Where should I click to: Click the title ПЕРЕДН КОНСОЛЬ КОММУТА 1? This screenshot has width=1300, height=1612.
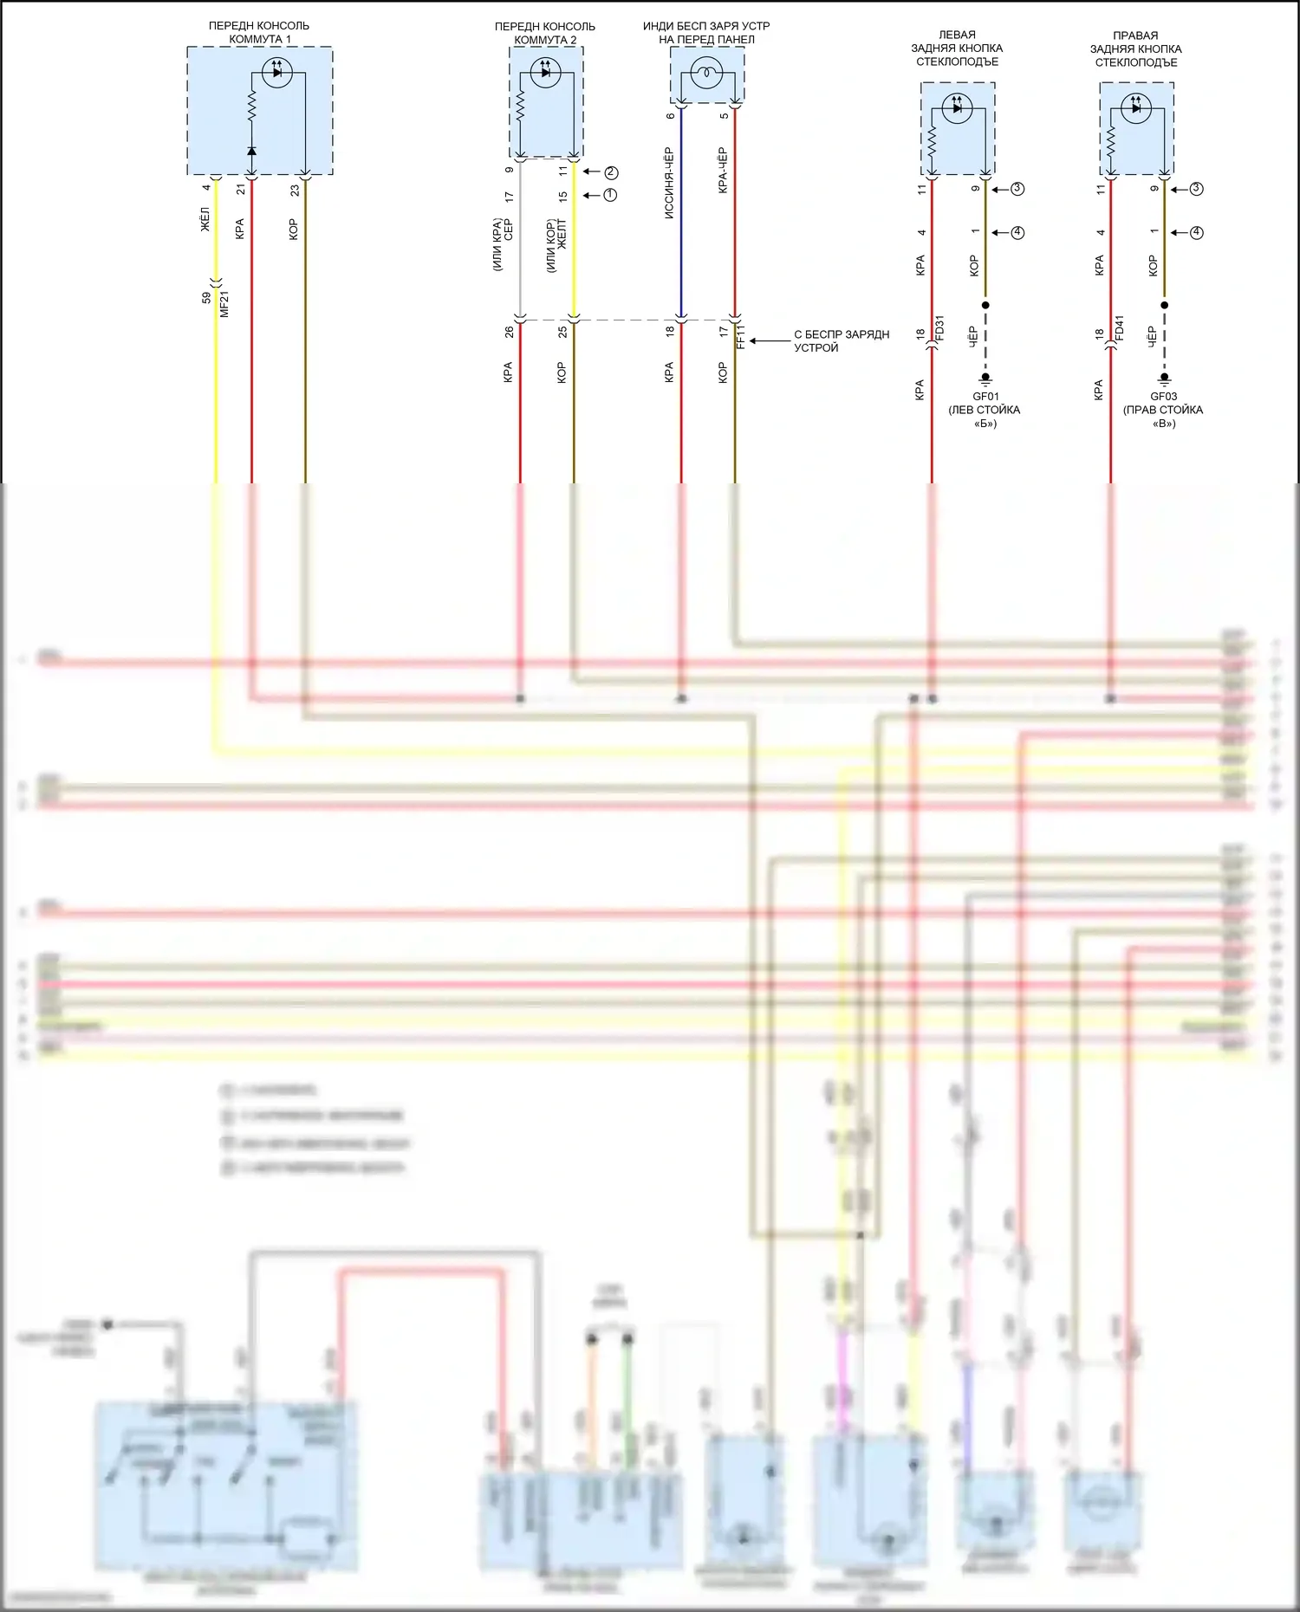click(x=259, y=33)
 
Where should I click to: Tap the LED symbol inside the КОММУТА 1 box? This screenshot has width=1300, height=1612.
click(x=276, y=73)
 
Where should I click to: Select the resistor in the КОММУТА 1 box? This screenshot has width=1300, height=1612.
click(x=252, y=107)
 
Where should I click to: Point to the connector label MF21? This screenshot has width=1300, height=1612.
click(x=224, y=304)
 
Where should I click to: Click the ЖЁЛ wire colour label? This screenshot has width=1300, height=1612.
click(x=205, y=219)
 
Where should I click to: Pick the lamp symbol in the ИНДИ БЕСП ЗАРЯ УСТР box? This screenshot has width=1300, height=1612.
click(x=707, y=73)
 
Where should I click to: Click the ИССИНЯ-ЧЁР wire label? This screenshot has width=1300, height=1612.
click(x=669, y=183)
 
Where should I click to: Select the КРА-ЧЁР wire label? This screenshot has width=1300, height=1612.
click(x=723, y=171)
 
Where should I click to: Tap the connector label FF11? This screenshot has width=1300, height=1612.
click(x=740, y=336)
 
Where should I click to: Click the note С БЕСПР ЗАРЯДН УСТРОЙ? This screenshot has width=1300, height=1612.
click(x=841, y=341)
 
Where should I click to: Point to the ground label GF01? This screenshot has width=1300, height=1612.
click(x=985, y=397)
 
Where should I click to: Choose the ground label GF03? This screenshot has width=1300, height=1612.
click(x=1163, y=397)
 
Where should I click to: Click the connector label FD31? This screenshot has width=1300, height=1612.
click(x=939, y=328)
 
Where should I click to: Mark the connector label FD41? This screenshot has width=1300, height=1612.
click(x=1119, y=328)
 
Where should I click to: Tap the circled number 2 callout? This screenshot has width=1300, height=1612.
click(x=611, y=172)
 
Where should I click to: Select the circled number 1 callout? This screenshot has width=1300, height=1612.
click(x=610, y=195)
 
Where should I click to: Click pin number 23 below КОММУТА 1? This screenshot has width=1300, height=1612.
click(x=295, y=190)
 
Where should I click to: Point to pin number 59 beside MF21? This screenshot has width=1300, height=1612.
click(x=206, y=298)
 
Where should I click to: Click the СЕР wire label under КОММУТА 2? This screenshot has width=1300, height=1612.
click(x=509, y=230)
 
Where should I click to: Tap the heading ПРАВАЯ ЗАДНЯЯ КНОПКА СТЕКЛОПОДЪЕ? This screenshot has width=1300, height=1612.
click(x=1135, y=49)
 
